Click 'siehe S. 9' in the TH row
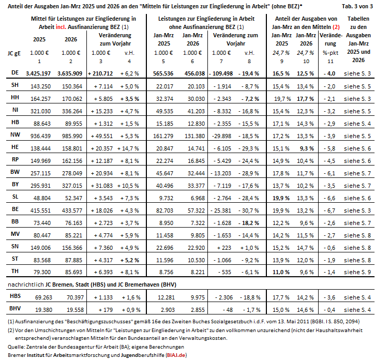coord(356,272)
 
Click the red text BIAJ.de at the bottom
coord(179,355)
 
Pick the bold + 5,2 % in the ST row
coord(128,259)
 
